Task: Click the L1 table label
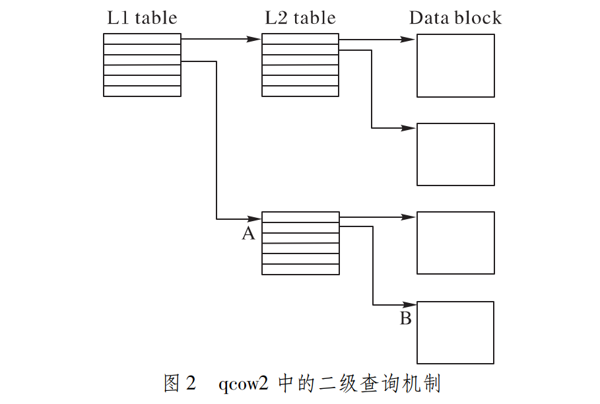[142, 18]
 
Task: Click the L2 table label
[300, 18]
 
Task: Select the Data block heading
[455, 18]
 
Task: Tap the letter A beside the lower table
[248, 233]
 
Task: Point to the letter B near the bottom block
[406, 320]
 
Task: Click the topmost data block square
[455, 65]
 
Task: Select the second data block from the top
[455, 154]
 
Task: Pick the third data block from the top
[455, 242]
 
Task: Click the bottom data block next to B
[455, 332]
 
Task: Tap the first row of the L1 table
[142, 39]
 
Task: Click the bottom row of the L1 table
[142, 91]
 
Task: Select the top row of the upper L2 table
[300, 39]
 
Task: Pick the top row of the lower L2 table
[300, 217]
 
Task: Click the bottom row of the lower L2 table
[300, 269]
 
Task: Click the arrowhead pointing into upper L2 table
[255, 39]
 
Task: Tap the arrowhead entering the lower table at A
[255, 219]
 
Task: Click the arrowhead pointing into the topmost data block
[410, 39]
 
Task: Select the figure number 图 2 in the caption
[180, 384]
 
